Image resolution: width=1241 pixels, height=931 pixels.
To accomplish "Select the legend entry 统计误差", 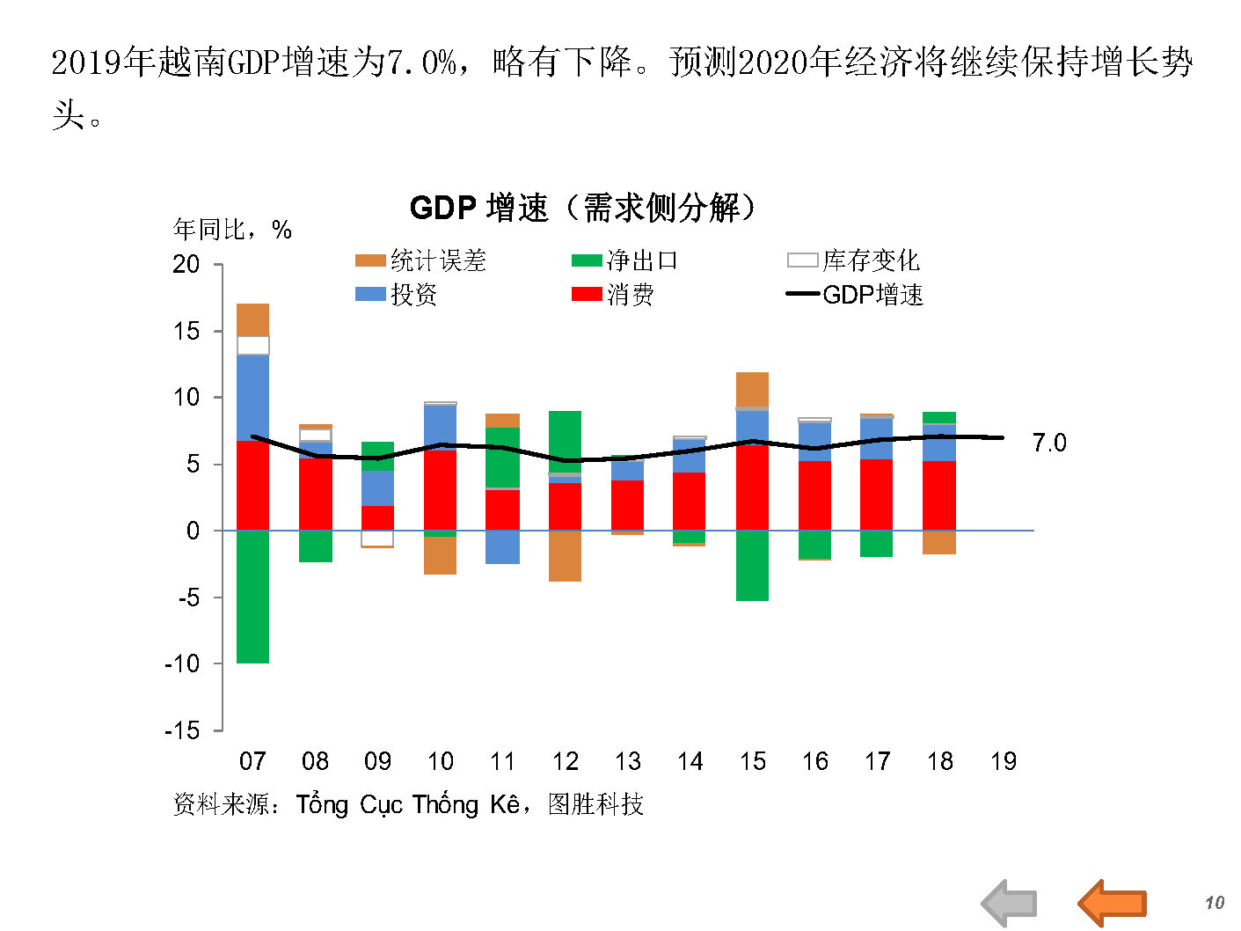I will (420, 260).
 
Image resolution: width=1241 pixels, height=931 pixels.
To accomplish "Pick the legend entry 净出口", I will (625, 260).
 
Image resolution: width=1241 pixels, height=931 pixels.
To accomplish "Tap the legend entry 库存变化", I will (854, 260).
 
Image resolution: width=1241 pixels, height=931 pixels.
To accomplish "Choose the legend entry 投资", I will (397, 295).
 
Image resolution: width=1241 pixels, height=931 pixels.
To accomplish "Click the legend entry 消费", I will (613, 295).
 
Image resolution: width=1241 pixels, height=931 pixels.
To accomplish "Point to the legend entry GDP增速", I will (855, 295).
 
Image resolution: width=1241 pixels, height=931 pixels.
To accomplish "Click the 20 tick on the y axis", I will (186, 264).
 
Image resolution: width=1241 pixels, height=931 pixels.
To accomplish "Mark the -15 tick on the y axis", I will (182, 730).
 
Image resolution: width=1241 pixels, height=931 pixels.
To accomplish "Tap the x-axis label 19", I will (1003, 761).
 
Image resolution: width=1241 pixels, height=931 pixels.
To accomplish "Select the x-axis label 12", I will (565, 761).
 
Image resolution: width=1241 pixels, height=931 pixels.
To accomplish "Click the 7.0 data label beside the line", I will (1048, 443).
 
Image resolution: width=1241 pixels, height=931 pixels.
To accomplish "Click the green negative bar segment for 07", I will (253, 597).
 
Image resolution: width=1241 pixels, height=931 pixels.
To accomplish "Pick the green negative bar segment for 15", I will (752, 566).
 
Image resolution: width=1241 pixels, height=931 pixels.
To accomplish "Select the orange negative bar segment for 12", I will (565, 556).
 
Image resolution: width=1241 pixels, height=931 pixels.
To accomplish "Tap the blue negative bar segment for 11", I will (502, 547).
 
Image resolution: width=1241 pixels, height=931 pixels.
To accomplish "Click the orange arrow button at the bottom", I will (1113, 902).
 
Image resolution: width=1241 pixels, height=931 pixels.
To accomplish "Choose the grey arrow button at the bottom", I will (1010, 903).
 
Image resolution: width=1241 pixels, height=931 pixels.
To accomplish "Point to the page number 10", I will (1214, 903).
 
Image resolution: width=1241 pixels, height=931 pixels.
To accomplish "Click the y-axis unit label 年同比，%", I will (232, 230).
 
